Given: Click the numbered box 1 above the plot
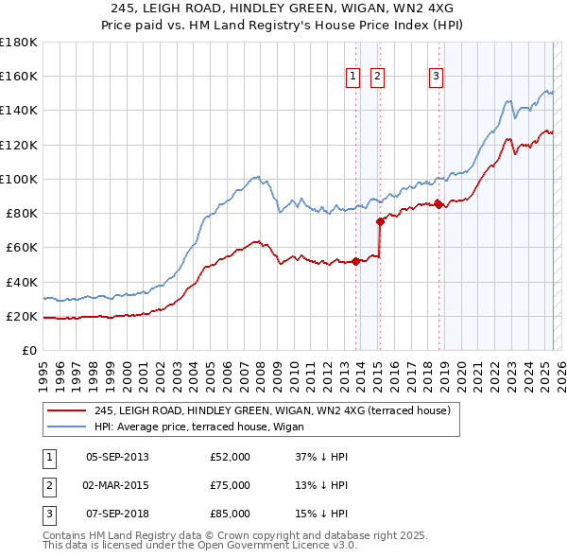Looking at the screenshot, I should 352,77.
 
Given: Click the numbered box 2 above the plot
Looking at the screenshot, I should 377,77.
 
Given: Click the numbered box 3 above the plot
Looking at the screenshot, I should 437,77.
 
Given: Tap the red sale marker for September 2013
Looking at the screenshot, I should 355,262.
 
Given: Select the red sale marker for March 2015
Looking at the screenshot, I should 380,222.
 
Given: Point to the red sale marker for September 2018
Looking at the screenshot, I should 438,204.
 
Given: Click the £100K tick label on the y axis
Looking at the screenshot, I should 19,179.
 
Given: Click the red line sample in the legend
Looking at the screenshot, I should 66,411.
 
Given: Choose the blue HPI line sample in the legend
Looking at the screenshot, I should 66,427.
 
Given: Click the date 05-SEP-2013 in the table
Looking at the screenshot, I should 117,457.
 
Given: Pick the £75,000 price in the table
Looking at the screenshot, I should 230,485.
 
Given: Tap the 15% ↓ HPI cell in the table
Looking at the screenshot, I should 321,514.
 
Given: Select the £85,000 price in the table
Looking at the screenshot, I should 230,514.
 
